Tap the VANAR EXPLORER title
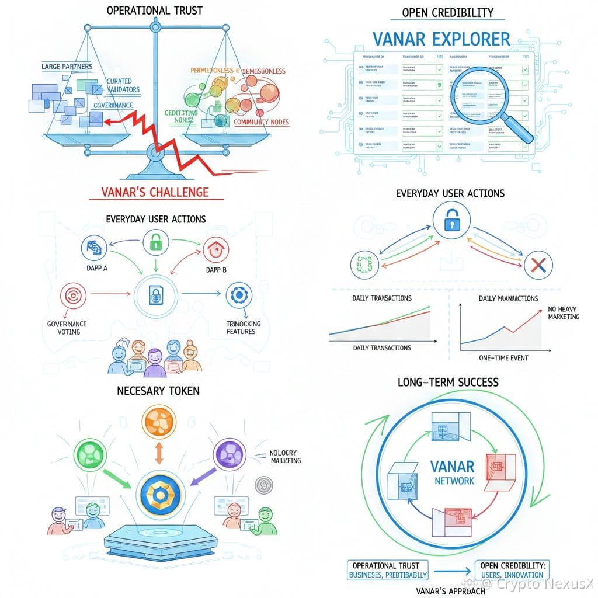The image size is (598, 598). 441,39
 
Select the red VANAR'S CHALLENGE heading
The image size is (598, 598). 155,192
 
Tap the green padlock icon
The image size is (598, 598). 154,241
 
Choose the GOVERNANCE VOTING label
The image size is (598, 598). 67,327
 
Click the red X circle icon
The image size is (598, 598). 534,266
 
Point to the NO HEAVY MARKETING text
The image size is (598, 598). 564,312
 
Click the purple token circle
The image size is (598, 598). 228,453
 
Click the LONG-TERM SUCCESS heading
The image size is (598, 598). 448,383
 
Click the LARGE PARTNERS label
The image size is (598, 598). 67,67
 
